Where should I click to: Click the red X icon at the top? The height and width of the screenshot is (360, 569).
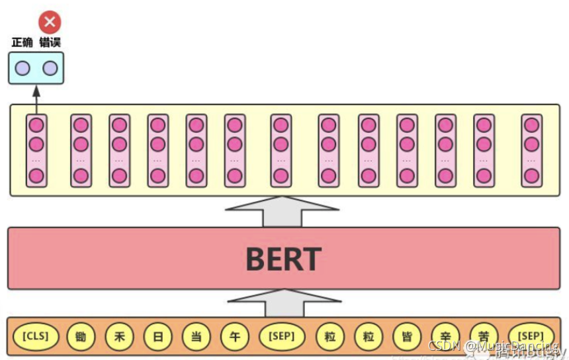point(50,22)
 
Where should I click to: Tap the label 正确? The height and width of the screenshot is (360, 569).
point(22,42)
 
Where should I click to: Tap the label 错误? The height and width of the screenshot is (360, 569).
point(50,42)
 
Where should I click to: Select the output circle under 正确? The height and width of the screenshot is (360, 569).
point(22,67)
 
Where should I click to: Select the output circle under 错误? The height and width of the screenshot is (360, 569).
point(50,67)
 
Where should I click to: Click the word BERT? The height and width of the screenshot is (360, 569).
point(283,259)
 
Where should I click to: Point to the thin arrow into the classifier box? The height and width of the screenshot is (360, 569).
point(36,99)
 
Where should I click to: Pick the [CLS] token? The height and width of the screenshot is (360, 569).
point(36,336)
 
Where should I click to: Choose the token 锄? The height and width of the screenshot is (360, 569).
point(81,336)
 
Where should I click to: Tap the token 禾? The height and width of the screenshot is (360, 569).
point(119,336)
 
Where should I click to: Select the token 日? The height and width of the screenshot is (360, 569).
point(157,336)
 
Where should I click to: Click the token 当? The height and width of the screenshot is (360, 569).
point(196,336)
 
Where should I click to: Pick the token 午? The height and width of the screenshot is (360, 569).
point(234,336)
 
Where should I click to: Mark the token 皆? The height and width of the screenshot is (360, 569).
point(406,336)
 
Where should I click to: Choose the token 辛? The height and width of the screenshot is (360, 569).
point(445,336)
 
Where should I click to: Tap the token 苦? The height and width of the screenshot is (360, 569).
point(483,336)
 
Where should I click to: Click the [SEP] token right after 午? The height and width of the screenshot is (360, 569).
point(282,336)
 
